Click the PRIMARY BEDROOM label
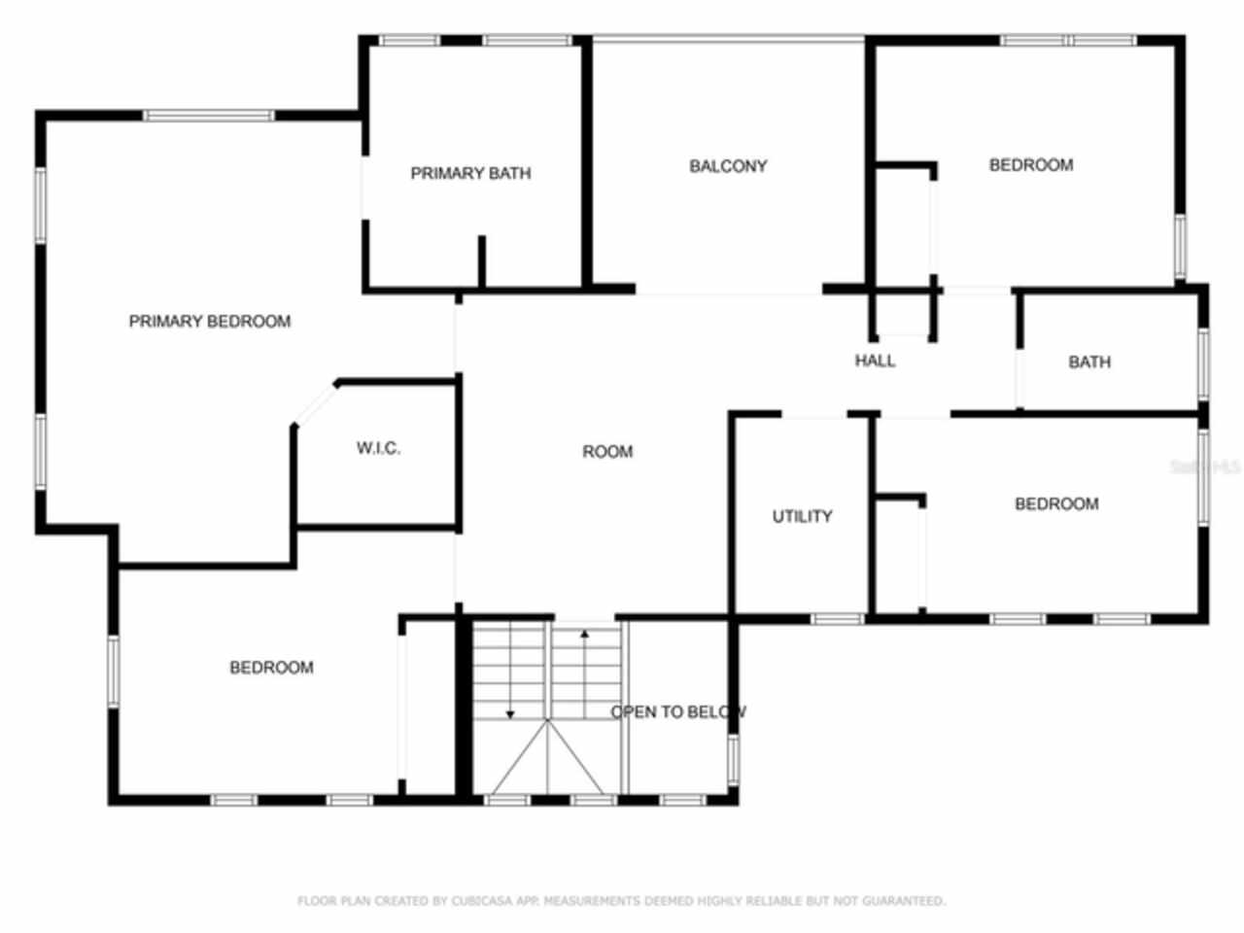pyautogui.click(x=210, y=322)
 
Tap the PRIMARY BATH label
pyautogui.click(x=470, y=174)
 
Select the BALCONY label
pyautogui.click(x=728, y=166)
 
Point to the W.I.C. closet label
pyautogui.click(x=378, y=448)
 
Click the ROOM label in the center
pyautogui.click(x=607, y=452)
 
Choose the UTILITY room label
pyautogui.click(x=802, y=516)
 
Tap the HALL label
pyautogui.click(x=875, y=362)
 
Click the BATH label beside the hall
pyautogui.click(x=1089, y=363)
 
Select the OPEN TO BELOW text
pyautogui.click(x=678, y=712)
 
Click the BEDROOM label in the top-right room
pyautogui.click(x=1031, y=165)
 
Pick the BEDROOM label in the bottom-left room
pyautogui.click(x=271, y=668)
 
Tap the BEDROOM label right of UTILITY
pyautogui.click(x=1056, y=504)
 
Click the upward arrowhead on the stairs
pyautogui.click(x=585, y=635)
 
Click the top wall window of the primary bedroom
pyautogui.click(x=209, y=116)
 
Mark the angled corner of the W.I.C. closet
pyautogui.click(x=314, y=403)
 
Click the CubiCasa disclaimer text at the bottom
pyautogui.click(x=621, y=901)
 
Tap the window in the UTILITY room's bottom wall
pyautogui.click(x=837, y=618)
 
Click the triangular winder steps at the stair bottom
pyautogui.click(x=547, y=758)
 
